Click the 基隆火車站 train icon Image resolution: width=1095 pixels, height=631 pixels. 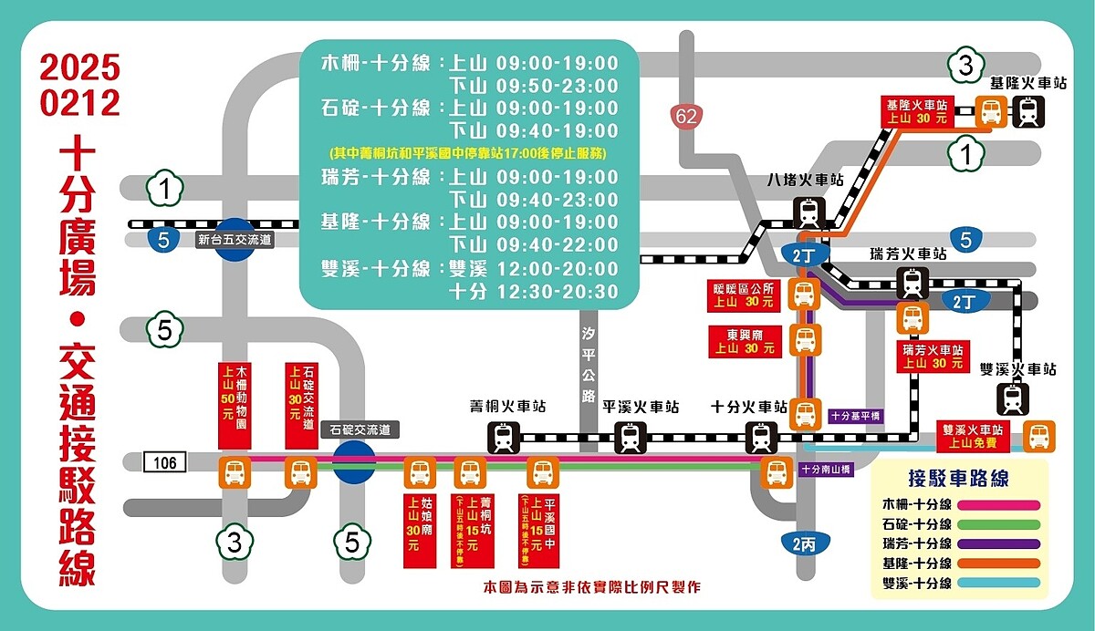click(x=1028, y=113)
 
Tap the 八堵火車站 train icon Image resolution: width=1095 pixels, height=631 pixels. click(x=808, y=213)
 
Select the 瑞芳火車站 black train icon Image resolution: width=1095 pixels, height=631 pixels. click(x=912, y=283)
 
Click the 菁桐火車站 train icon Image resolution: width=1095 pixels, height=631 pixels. click(x=504, y=438)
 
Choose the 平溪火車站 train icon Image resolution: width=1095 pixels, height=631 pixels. click(x=631, y=438)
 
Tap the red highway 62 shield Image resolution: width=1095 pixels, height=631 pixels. click(x=687, y=116)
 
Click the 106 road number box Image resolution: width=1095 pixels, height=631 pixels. click(x=164, y=463)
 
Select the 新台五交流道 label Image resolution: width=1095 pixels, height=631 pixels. click(x=235, y=241)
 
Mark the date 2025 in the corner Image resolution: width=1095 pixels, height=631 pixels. click(x=79, y=68)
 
